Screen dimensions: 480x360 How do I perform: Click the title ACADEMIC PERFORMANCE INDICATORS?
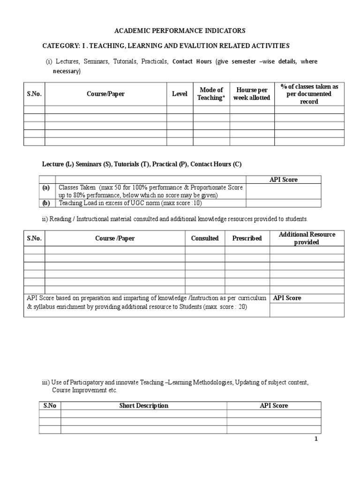180,31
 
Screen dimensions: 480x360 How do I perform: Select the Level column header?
180,94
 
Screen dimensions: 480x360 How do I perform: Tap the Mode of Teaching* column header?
211,94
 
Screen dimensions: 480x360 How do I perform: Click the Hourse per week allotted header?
252,94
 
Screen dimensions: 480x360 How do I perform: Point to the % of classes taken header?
309,94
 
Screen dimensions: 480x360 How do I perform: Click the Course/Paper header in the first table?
105,94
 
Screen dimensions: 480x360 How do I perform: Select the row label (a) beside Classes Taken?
46,187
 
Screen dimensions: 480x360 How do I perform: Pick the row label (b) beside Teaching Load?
46,203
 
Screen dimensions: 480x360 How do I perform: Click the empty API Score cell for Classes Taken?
283,191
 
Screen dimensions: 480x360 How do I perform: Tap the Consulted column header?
205,238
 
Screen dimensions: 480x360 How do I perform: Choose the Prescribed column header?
247,238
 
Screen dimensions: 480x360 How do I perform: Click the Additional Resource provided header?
307,238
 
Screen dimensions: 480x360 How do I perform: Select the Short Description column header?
143,405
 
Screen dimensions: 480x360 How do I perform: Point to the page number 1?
316,439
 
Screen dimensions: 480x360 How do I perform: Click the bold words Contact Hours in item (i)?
192,61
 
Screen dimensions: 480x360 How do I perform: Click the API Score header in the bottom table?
274,405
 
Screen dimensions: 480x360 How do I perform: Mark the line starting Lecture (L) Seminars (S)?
142,164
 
